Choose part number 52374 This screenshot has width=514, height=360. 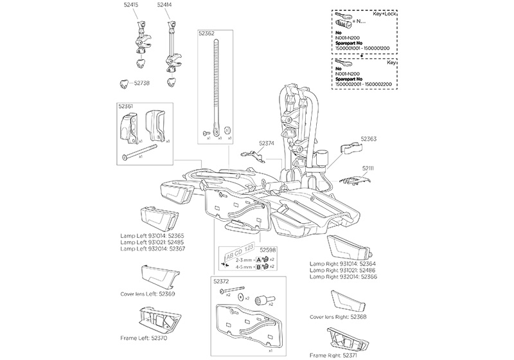(x=267, y=145)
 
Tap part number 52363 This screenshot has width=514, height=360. (x=369, y=138)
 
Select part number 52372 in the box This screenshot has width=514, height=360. (x=222, y=281)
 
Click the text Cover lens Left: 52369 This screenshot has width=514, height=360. (x=148, y=294)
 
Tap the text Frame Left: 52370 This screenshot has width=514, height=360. (x=145, y=337)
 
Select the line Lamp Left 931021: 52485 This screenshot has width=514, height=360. (x=152, y=242)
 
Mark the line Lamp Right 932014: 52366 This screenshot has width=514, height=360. (x=342, y=276)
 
